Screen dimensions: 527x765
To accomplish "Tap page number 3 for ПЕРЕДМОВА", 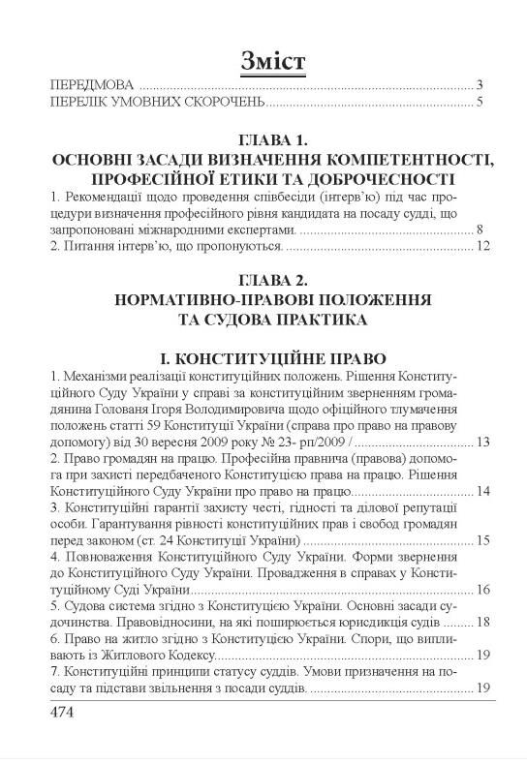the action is [x=480, y=84].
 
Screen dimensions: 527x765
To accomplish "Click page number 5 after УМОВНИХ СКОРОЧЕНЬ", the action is [x=480, y=102].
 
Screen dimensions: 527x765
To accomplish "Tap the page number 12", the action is [x=476, y=250].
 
